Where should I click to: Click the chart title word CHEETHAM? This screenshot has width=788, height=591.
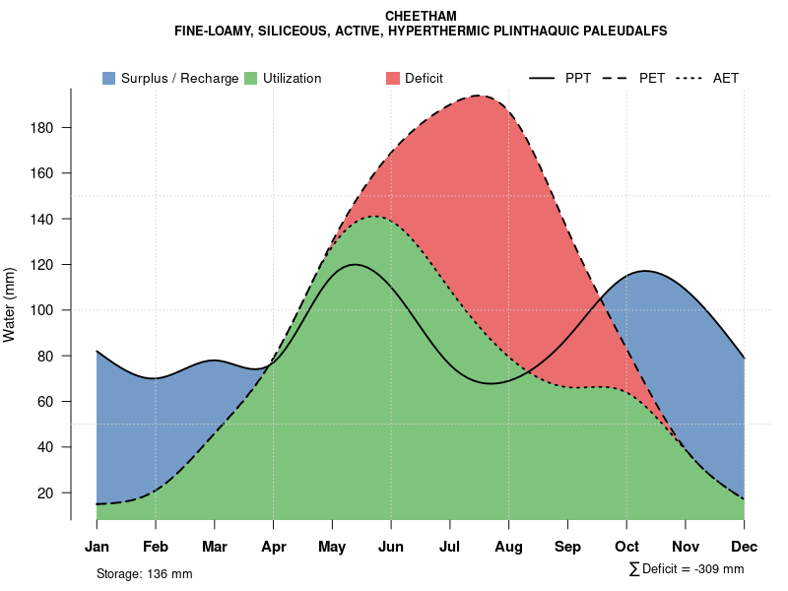tap(421, 17)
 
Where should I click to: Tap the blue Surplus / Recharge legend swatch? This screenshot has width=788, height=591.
tap(108, 78)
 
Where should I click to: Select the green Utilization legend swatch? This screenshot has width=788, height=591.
tap(250, 78)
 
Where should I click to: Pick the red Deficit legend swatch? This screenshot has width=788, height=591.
tap(392, 78)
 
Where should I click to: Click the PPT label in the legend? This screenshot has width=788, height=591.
tap(578, 78)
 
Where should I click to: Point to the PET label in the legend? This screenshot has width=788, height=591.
tap(652, 78)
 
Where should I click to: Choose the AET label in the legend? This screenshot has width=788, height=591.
tap(726, 78)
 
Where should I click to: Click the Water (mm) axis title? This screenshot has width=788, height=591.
tap(10, 304)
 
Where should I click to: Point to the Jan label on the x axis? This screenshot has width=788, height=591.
tap(97, 547)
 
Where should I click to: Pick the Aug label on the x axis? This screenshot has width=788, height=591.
tap(508, 547)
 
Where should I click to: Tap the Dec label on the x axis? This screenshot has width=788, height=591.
tap(745, 547)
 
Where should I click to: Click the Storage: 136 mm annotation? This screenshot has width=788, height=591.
tap(144, 573)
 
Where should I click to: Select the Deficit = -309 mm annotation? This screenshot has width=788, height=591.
tap(687, 569)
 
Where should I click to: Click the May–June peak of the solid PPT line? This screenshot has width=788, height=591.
tap(354, 264)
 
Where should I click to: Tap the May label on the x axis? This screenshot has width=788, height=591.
tap(332, 547)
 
